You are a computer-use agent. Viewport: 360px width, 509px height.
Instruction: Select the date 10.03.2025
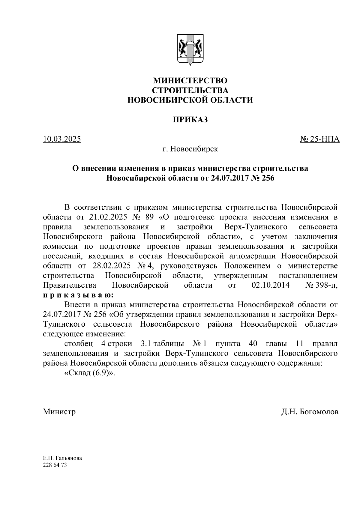[62, 139]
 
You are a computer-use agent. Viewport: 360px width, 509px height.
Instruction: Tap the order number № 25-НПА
[320, 139]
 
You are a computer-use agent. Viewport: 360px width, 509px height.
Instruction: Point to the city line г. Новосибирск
[190, 149]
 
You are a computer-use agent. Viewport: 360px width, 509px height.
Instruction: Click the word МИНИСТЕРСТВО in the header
[190, 81]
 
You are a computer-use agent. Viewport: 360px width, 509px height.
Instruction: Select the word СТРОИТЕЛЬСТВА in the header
[190, 90]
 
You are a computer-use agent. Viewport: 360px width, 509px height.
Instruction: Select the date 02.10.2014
[271, 285]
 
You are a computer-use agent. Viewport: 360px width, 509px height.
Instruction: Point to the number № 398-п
[321, 285]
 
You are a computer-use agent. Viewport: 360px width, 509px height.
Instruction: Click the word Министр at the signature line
[59, 412]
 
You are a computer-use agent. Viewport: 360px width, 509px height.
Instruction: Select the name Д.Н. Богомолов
[310, 412]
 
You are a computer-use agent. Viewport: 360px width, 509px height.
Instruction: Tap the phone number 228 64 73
[55, 465]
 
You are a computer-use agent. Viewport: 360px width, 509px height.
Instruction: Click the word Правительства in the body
[70, 285]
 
